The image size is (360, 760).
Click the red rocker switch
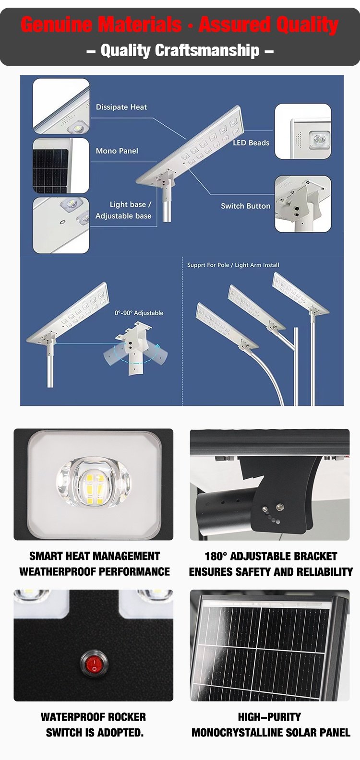click(94, 662)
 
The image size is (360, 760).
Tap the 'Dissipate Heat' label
click(121, 107)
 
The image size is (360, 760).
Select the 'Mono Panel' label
click(117, 151)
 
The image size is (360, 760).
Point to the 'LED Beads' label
click(251, 143)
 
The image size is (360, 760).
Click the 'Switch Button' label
click(246, 206)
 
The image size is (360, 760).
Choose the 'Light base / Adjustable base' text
click(123, 210)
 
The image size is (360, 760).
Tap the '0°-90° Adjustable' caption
click(139, 313)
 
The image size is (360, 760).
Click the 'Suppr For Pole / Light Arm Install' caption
click(233, 265)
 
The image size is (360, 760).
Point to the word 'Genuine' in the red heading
click(56, 25)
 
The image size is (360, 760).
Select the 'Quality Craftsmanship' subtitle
click(180, 50)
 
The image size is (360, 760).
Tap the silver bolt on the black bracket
click(279, 507)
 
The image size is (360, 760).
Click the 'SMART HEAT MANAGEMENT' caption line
click(95, 556)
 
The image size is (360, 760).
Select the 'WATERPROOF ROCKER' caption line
click(93, 717)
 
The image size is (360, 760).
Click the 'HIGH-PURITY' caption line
click(269, 717)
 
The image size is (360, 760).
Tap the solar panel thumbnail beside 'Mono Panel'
click(61, 166)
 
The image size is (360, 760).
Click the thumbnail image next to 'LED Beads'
click(303, 131)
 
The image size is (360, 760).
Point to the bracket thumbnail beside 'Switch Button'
click(303, 204)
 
